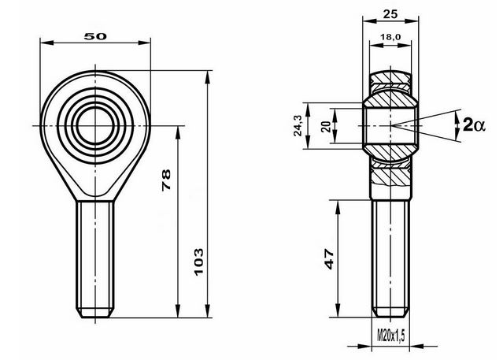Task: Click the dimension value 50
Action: [x=95, y=36]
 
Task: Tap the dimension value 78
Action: [x=166, y=180]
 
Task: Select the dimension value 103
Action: [x=198, y=262]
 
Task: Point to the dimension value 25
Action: [x=390, y=14]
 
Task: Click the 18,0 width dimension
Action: [x=390, y=37]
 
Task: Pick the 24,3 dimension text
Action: [x=298, y=125]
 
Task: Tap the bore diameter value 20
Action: [x=326, y=127]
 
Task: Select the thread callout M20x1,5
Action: [x=390, y=336]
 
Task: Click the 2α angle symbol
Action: [x=474, y=124]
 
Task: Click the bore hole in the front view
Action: [x=95, y=125]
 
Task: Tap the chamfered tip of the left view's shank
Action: [x=95, y=313]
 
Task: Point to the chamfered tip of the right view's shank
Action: [x=390, y=313]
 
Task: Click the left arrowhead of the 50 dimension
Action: [x=46, y=43]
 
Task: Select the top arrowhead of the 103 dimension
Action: [x=208, y=77]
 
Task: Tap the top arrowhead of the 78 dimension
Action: [x=177, y=132]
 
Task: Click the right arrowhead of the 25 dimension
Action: [x=412, y=21]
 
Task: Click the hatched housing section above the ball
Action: [x=390, y=78]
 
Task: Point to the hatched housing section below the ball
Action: [x=390, y=177]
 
